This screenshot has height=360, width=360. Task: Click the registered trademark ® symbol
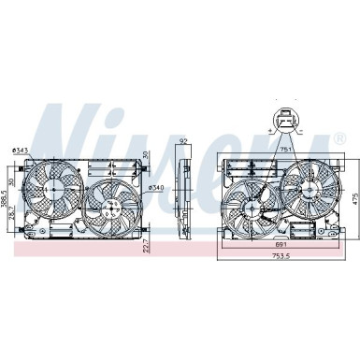[x=338, y=138]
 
